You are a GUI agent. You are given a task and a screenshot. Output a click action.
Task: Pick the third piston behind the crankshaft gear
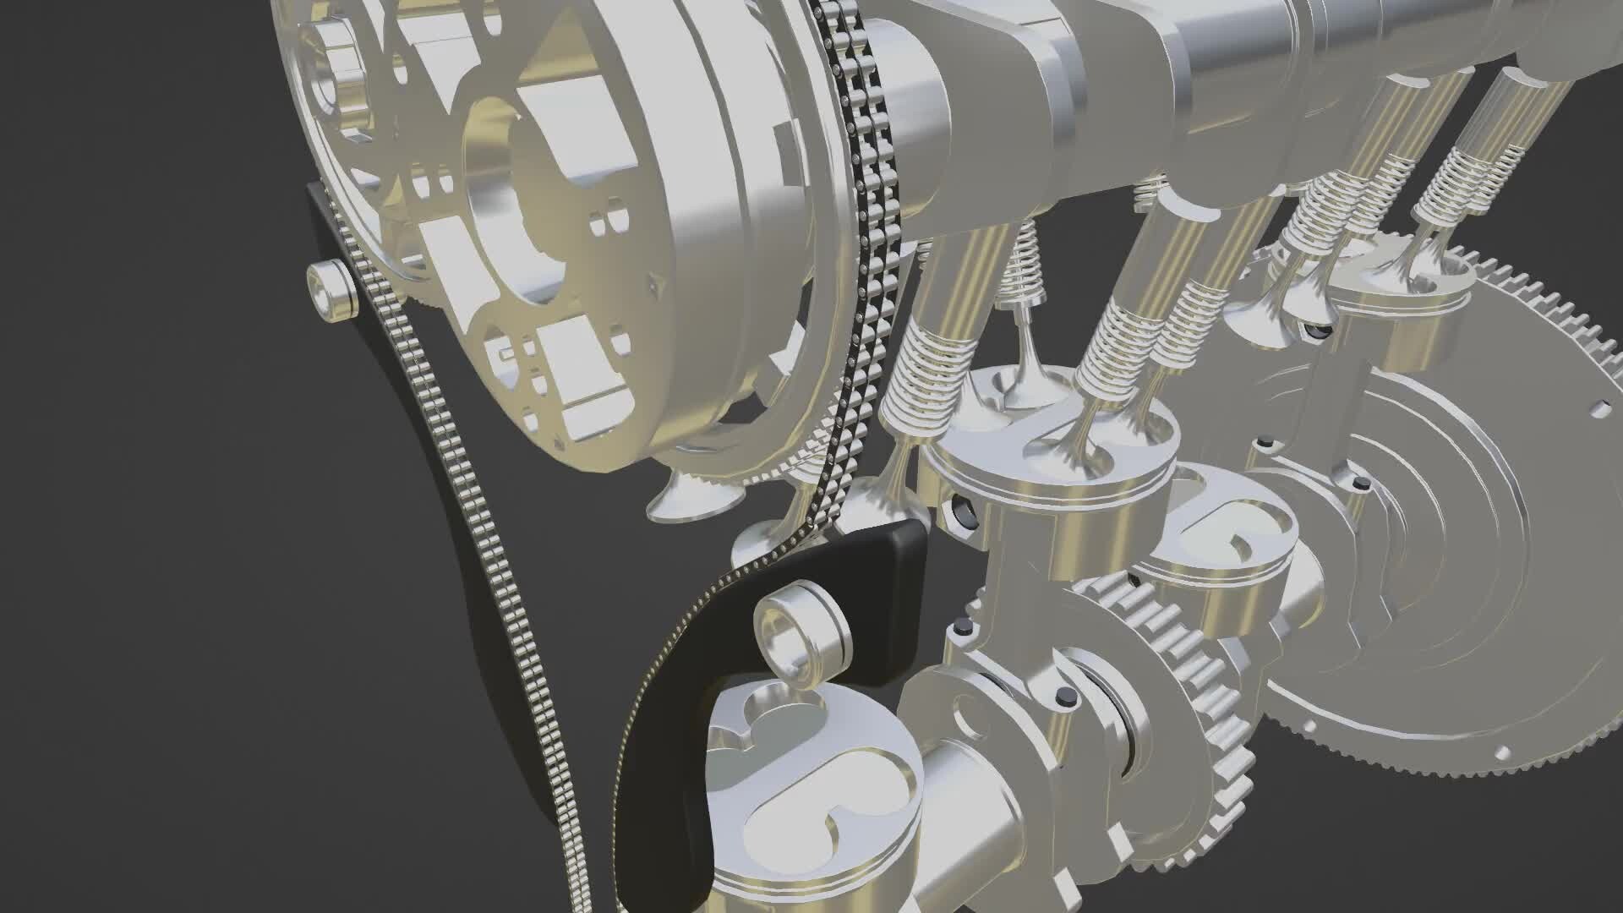coord(1226,549)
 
